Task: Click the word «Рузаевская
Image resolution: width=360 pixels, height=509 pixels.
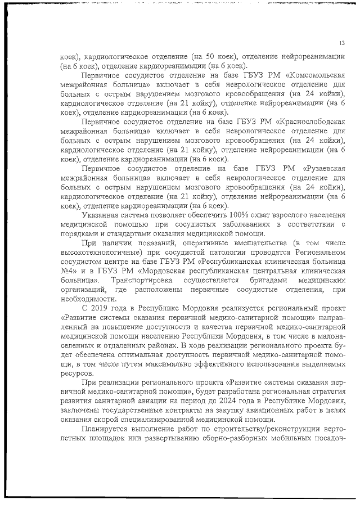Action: click(321, 168)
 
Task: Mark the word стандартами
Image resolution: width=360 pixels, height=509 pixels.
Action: click(127, 233)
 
